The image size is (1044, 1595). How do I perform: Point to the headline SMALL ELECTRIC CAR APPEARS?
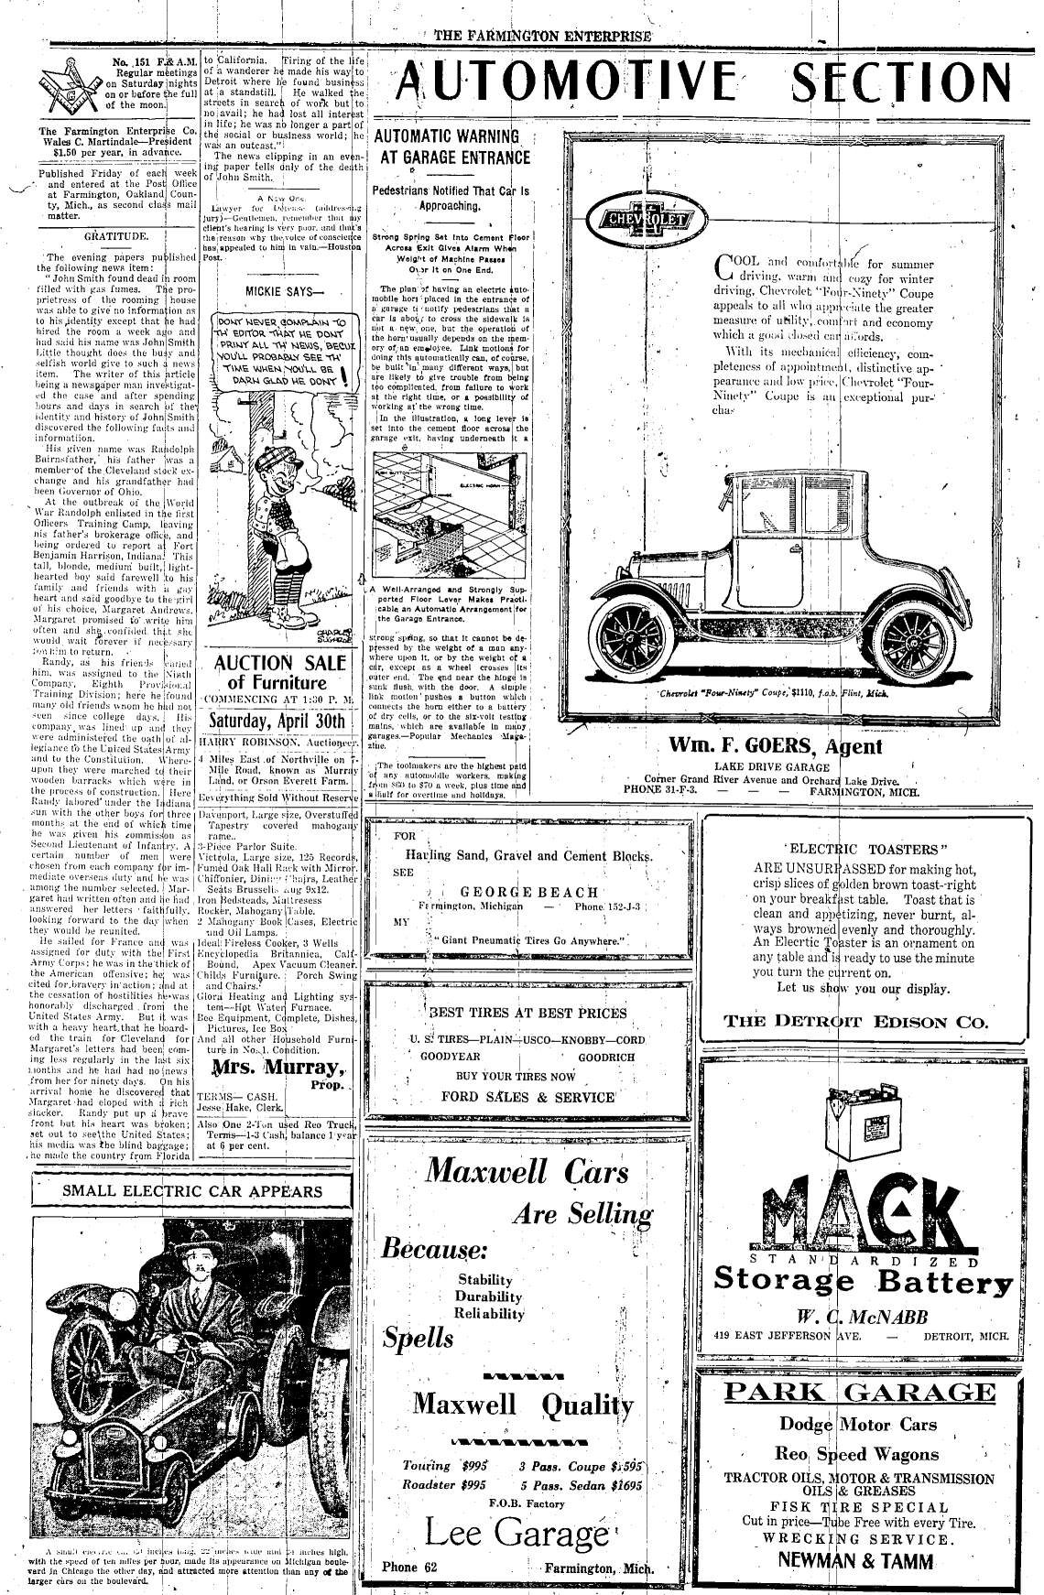(192, 1191)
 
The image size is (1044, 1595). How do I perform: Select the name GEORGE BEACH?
(529, 892)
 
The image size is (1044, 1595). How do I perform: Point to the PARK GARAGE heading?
(859, 1394)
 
